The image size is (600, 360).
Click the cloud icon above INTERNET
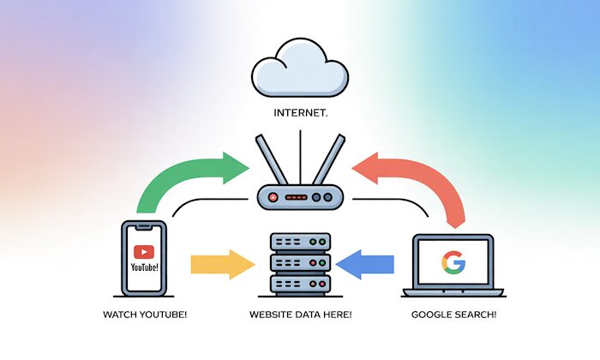click(300, 73)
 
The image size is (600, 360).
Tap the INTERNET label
click(300, 111)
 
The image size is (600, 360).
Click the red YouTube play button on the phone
click(144, 251)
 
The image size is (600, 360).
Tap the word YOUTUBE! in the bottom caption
click(162, 315)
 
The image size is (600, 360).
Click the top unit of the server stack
click(299, 242)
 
